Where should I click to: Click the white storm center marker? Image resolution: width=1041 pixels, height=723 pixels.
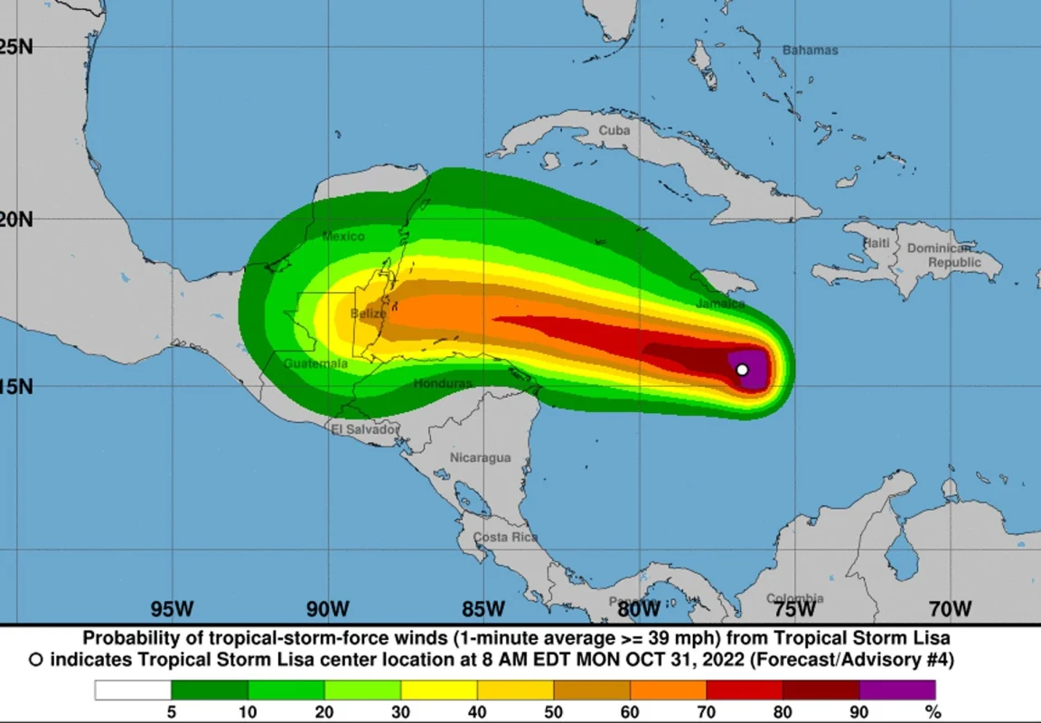[742, 369]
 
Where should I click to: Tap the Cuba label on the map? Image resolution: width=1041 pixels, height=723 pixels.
[614, 131]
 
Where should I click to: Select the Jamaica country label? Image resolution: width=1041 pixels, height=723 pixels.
[720, 304]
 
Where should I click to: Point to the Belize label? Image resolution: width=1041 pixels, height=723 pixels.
[368, 314]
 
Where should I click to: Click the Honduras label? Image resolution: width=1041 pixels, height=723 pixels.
[443, 383]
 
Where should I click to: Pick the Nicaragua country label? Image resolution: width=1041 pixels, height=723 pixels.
[480, 457]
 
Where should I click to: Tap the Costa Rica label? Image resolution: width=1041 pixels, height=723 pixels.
[505, 537]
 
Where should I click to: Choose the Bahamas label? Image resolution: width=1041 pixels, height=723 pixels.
[810, 51]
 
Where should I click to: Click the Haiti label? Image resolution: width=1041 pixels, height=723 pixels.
[876, 243]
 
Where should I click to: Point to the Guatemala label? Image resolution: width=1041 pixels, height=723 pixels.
[315, 363]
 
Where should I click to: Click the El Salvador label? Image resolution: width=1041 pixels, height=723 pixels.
[364, 428]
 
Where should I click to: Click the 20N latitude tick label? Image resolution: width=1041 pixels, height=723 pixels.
[16, 219]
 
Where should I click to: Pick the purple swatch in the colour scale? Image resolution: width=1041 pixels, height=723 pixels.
[897, 690]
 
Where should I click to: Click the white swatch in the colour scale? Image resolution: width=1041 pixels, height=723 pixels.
[133, 690]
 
